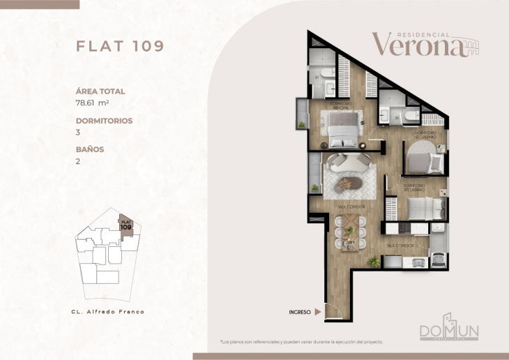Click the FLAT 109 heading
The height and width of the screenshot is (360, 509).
coord(119,46)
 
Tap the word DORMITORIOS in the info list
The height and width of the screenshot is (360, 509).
coord(104,120)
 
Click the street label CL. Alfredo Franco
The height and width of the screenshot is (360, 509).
coord(108,311)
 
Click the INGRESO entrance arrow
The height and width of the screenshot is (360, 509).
coord(318,312)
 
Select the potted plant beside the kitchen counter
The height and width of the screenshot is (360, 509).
coord(374,262)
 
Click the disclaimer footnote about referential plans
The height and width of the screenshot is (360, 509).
coord(301,342)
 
